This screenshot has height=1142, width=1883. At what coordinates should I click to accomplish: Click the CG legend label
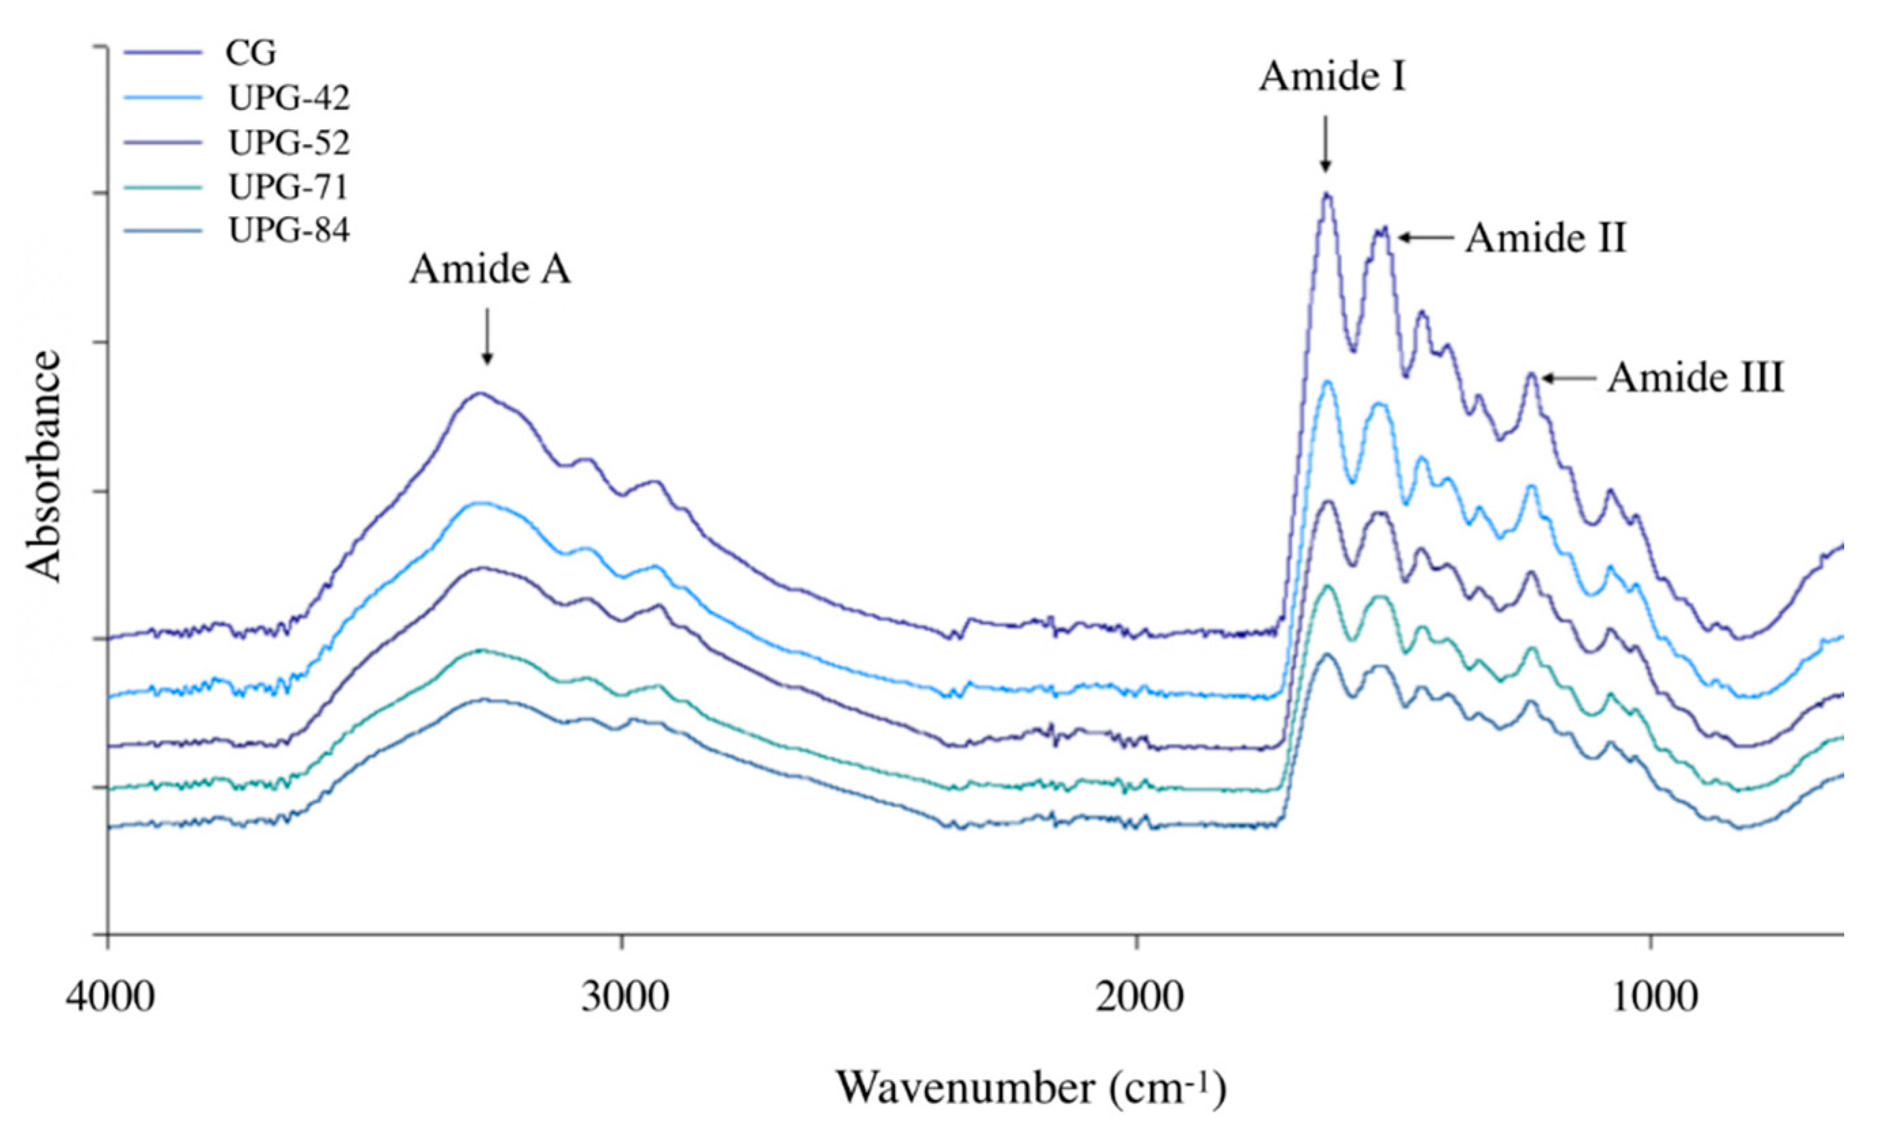coord(250,53)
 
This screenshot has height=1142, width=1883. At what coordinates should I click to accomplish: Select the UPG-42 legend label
coord(289,98)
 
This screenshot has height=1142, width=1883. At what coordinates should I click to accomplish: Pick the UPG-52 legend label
coord(289,142)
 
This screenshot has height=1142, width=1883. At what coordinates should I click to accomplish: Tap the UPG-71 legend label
coord(289,186)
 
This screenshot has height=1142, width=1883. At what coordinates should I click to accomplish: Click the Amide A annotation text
coord(490,270)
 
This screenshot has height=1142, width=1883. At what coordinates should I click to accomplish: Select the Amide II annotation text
coord(1545,238)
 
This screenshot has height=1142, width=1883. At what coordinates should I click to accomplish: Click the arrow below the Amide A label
coord(487,336)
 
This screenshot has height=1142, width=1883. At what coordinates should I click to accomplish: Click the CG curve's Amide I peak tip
coord(1326,194)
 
